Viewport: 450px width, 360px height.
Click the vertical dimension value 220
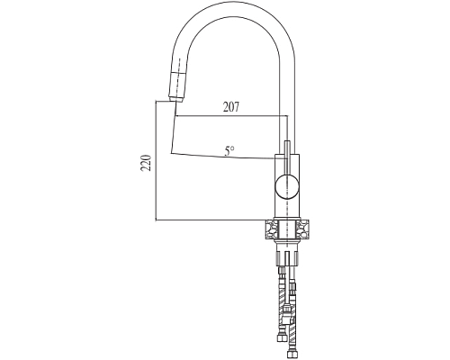coord(147,162)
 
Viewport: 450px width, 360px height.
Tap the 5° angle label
coord(229,150)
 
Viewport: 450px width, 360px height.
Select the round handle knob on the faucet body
coord(288,187)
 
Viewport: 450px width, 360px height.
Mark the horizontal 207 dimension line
coord(229,117)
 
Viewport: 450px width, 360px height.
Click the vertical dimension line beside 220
coord(157,162)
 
